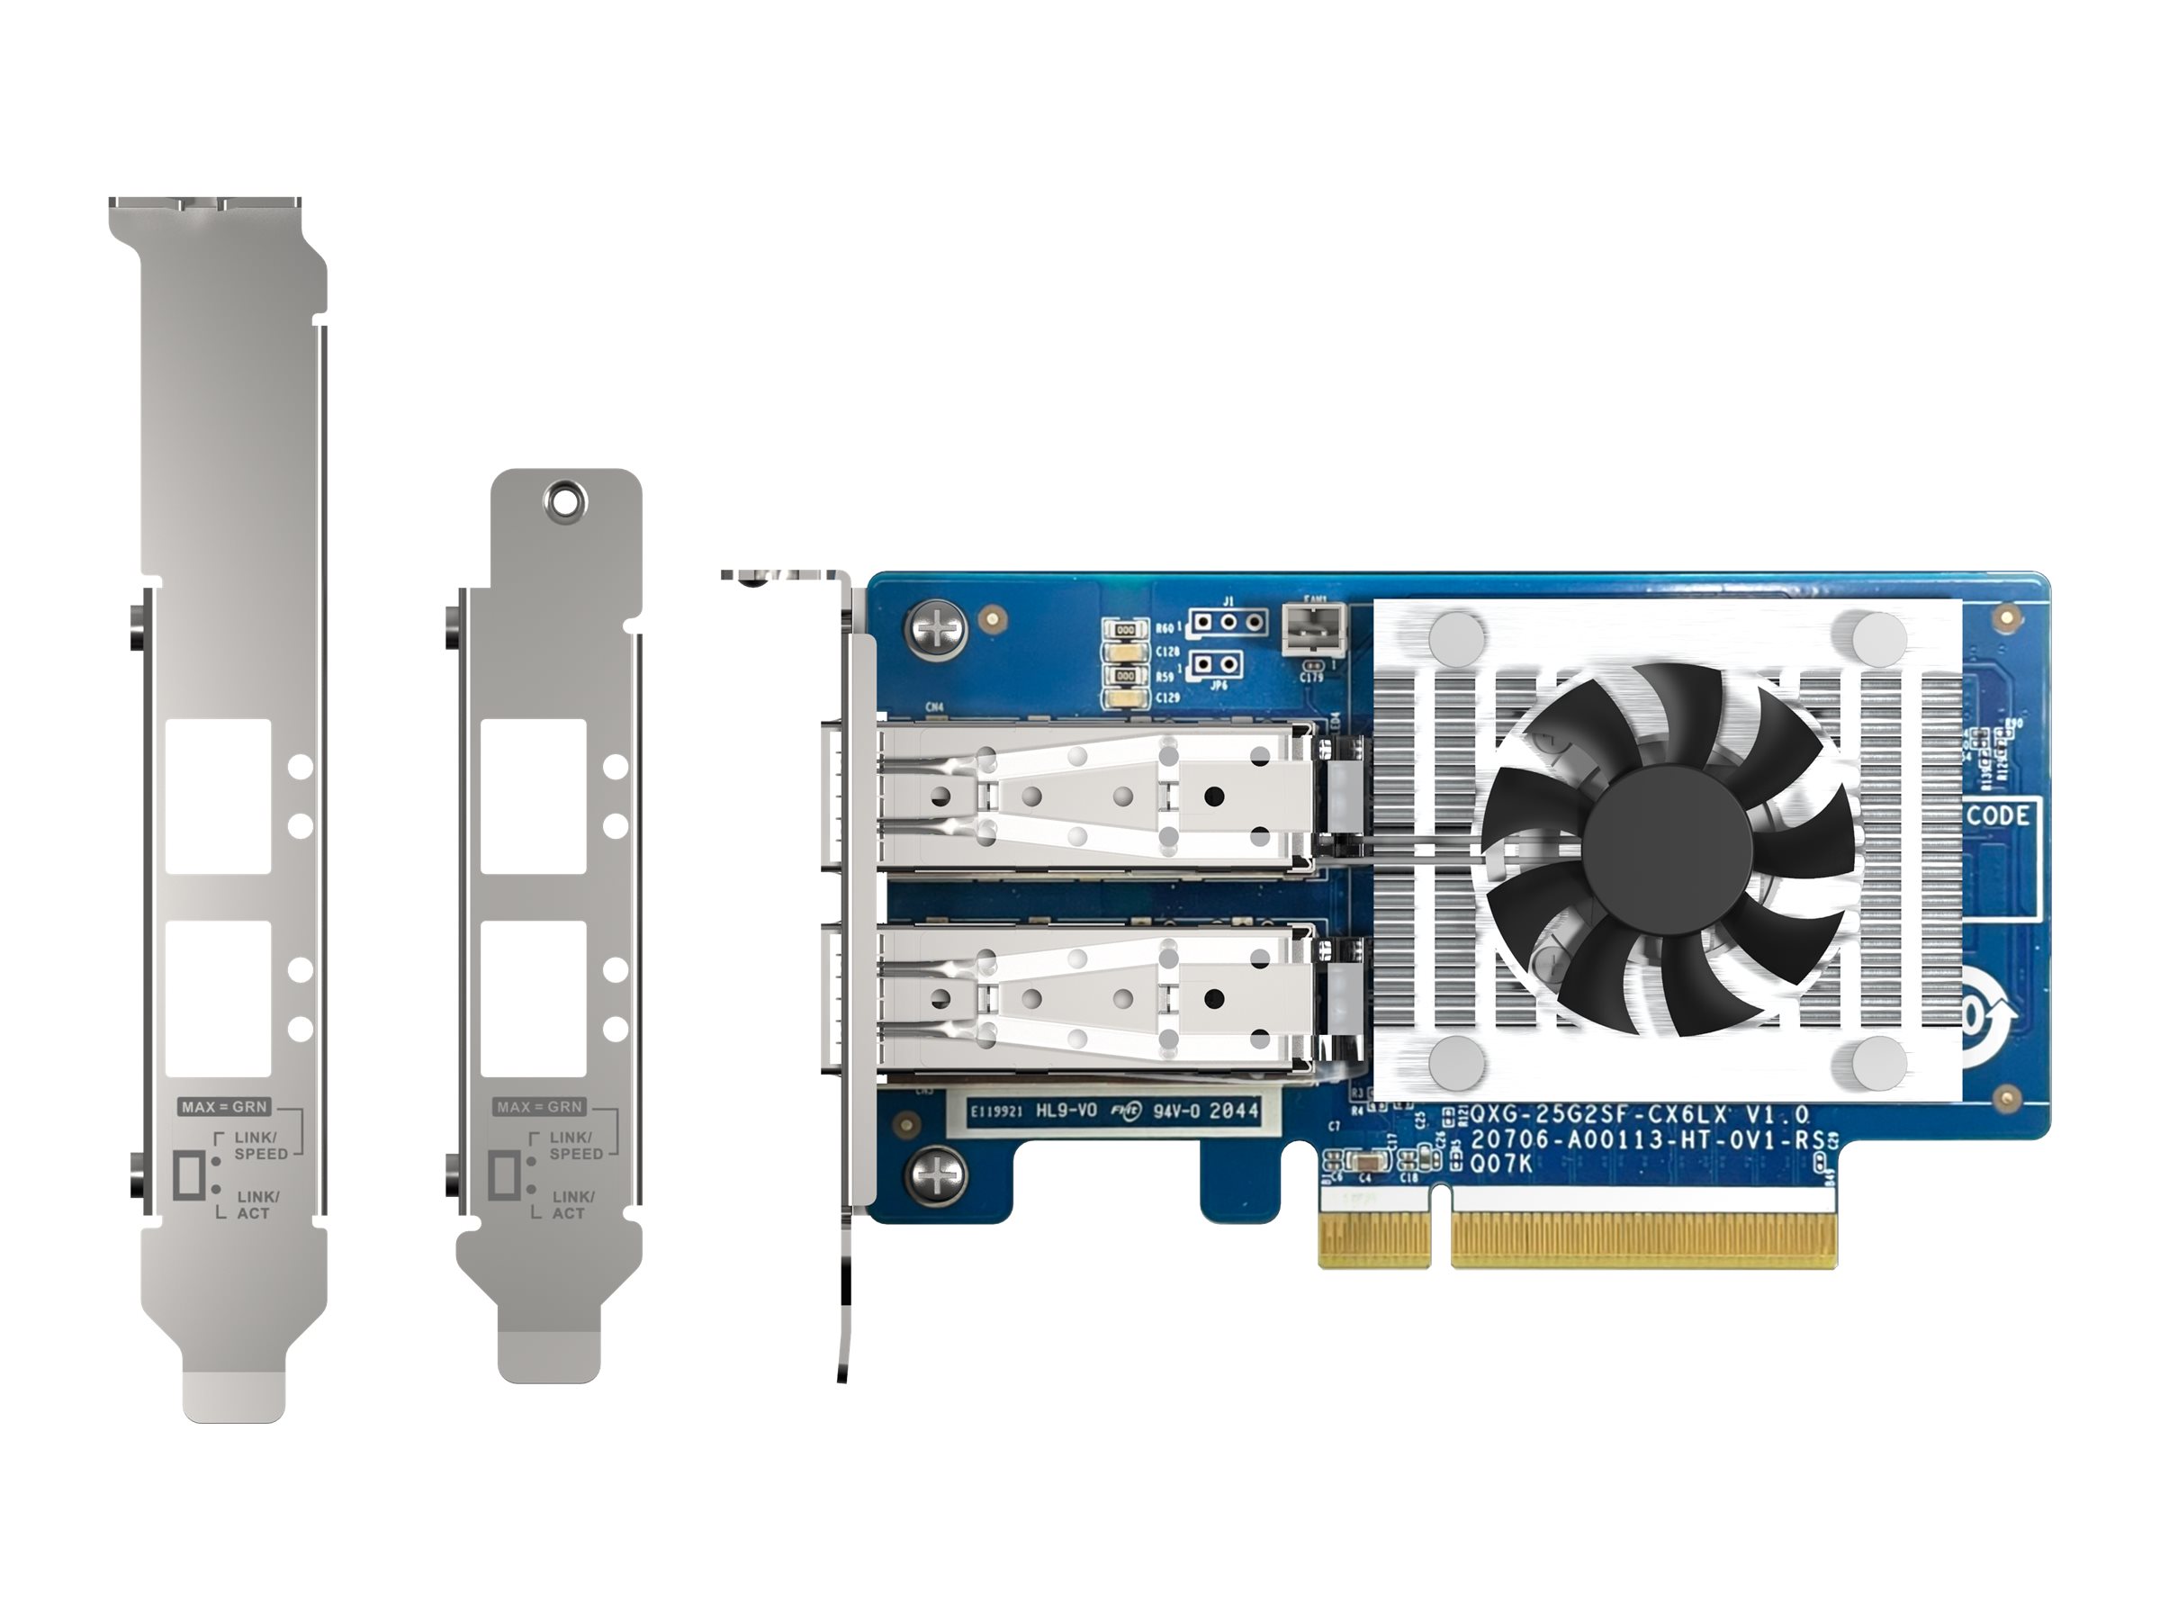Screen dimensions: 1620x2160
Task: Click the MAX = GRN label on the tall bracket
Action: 223,1106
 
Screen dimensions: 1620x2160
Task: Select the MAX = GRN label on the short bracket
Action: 539,1106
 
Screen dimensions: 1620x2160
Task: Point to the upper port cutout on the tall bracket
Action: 218,796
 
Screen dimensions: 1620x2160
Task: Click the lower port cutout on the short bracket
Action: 533,997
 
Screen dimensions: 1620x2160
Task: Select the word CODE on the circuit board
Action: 1997,815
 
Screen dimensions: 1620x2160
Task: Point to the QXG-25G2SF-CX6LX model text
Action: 1639,1114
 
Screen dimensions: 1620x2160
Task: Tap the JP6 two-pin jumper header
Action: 1217,665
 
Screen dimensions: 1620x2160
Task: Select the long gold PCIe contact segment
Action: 1642,1239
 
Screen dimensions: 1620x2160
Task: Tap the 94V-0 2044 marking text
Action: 1205,1111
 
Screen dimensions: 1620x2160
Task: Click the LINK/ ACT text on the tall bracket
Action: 257,1204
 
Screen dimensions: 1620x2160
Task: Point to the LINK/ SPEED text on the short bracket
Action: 576,1146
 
